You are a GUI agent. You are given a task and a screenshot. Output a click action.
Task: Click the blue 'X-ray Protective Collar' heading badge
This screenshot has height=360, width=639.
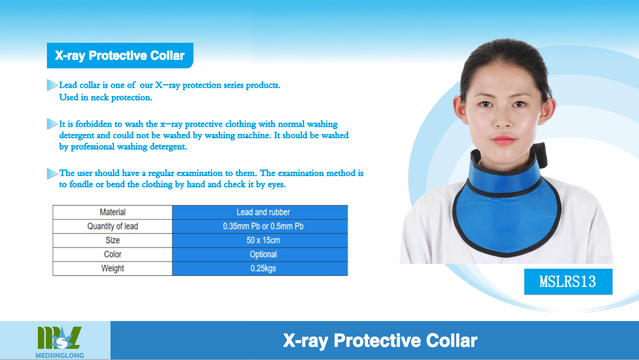(120, 55)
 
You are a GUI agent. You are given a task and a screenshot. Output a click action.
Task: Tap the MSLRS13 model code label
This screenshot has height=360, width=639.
(568, 281)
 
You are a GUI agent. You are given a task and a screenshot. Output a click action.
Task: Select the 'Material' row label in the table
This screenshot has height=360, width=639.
(112, 212)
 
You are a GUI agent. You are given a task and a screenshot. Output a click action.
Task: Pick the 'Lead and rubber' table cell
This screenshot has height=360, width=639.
(263, 212)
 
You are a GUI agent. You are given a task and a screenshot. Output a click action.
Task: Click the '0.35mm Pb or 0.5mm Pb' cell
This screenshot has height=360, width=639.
(263, 226)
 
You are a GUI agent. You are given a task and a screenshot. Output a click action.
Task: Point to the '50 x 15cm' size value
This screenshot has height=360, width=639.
(263, 240)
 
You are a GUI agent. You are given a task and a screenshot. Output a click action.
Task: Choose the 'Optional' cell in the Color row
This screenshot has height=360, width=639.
(263, 254)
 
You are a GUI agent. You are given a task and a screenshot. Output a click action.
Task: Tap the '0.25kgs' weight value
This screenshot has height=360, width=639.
(263, 269)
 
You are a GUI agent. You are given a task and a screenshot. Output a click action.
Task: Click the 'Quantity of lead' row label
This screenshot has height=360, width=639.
(112, 226)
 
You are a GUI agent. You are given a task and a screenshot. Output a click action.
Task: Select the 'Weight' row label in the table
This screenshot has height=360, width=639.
(112, 269)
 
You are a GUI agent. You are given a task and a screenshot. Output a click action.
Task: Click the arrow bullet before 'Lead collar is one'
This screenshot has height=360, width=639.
(52, 85)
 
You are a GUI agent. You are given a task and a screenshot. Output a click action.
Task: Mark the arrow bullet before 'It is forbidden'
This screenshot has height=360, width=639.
(52, 123)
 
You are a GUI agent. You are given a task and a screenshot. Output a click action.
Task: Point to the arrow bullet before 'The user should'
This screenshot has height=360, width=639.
(52, 173)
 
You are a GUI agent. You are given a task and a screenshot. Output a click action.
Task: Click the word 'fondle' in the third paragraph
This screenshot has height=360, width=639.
(81, 184)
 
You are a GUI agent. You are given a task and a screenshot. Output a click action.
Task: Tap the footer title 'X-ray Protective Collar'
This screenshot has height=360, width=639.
(380, 341)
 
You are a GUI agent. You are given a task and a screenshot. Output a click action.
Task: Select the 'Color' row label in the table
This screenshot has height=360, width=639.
(112, 254)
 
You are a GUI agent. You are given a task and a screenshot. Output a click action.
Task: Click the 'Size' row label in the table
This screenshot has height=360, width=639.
(112, 240)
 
